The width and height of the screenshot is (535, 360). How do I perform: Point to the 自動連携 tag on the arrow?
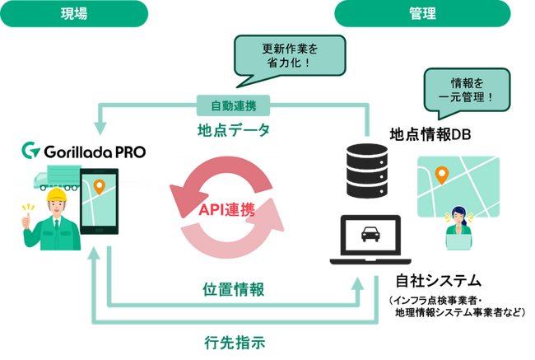click(234, 106)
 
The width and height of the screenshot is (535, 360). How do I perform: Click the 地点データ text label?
click(234, 129)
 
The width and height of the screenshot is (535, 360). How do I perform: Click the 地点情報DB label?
click(430, 135)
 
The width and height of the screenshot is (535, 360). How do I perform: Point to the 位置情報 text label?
click(234, 289)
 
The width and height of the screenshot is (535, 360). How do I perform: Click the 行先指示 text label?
click(234, 340)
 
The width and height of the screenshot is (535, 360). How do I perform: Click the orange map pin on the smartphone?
click(100, 188)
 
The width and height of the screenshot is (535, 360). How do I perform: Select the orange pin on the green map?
click(441, 174)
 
